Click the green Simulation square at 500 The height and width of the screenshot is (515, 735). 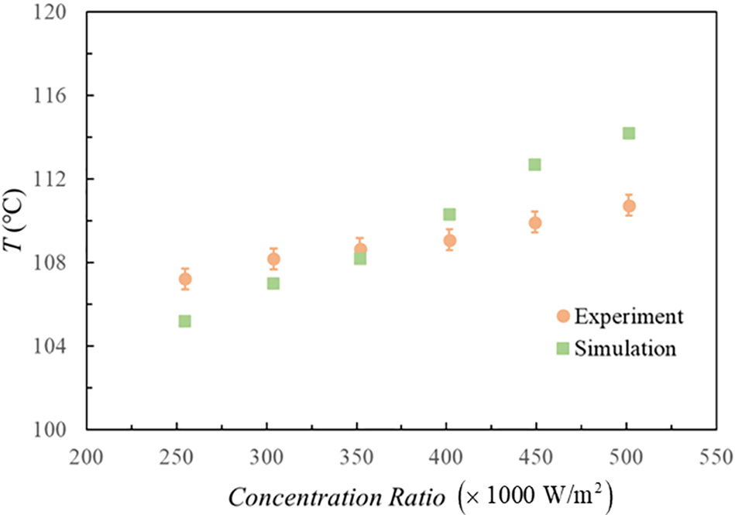point(629,133)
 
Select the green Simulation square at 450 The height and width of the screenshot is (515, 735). point(534,164)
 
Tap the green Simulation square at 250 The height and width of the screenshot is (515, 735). point(185,321)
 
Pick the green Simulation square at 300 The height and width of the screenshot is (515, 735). point(273,283)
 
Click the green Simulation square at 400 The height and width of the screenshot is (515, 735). point(449,214)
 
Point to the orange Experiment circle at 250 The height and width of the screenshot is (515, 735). point(185,279)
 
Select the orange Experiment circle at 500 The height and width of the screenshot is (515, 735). point(629,206)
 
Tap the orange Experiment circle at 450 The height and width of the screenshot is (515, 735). point(534,223)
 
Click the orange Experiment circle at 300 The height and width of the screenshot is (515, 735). point(273,259)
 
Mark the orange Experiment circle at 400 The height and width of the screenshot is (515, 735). point(449,240)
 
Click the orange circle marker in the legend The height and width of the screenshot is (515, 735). point(563,317)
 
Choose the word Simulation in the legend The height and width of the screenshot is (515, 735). point(625,348)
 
